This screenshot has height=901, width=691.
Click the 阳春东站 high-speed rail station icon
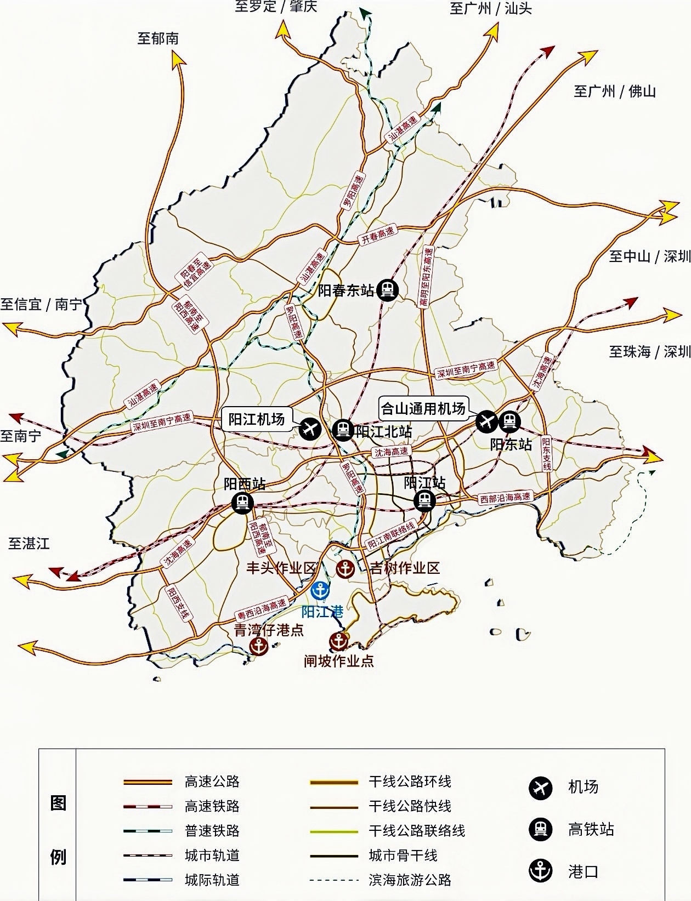point(388,289)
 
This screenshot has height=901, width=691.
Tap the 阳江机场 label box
point(257,419)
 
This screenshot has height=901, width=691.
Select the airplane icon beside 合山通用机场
point(486,421)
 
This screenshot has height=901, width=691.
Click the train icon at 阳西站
point(242,502)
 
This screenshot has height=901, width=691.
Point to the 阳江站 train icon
point(424,500)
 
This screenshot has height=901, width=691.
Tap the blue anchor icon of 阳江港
point(320,591)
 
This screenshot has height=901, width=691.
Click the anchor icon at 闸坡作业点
point(339,640)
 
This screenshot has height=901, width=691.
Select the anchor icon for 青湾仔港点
point(259,647)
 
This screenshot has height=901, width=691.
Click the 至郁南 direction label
point(158,38)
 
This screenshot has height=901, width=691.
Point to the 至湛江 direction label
point(29,544)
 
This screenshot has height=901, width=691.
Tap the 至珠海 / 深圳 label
point(649,351)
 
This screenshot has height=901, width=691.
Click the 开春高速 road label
point(377,236)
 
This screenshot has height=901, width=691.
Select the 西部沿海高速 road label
point(505,498)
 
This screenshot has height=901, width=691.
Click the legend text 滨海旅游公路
point(410,880)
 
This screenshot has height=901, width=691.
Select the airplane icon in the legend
point(540,788)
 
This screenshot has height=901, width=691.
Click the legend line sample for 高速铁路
point(148,806)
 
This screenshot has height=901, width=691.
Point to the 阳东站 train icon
point(509,421)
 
